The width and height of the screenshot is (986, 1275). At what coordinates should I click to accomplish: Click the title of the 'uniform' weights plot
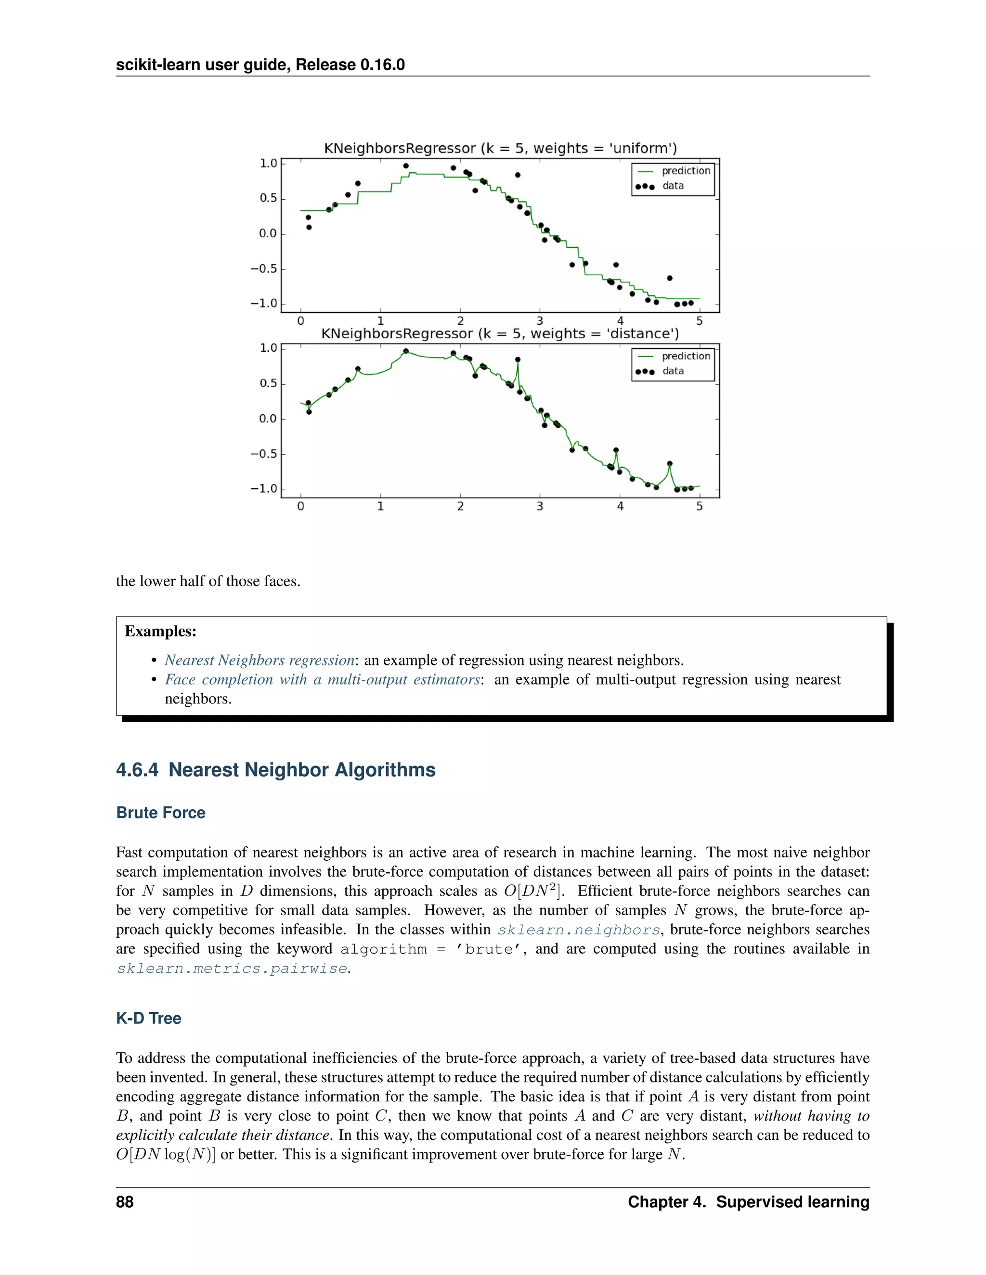tap(500, 148)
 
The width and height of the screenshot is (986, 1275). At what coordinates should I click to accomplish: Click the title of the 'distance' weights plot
tap(500, 333)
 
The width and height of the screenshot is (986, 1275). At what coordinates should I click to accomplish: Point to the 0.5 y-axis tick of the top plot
tap(268, 199)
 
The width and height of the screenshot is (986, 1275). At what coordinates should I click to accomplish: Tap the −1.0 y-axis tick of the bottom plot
tap(264, 489)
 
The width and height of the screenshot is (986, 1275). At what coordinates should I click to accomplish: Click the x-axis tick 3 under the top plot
tap(540, 321)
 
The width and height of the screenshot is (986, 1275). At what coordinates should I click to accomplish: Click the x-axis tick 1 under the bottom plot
tap(380, 506)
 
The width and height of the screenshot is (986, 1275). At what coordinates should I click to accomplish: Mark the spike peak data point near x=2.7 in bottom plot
tap(518, 359)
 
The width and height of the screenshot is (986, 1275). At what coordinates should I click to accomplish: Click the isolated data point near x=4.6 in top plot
tap(669, 278)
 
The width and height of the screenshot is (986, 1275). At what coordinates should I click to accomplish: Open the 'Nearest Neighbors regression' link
tap(259, 660)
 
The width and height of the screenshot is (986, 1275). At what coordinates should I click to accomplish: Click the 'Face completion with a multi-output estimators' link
tap(322, 679)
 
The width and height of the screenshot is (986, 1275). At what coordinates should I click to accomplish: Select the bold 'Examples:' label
tap(161, 631)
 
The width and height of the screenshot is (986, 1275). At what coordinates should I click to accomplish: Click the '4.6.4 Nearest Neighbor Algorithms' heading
tap(276, 769)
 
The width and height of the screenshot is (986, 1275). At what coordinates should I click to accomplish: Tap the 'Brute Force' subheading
tap(161, 813)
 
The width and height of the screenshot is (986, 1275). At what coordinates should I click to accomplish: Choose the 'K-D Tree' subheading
tap(148, 1018)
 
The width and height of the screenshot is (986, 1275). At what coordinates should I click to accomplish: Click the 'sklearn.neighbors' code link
tap(578, 930)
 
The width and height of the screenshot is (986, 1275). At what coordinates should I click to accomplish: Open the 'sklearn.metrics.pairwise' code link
tap(232, 969)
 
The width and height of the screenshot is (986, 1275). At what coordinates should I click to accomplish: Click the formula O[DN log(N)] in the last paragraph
tap(165, 1155)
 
